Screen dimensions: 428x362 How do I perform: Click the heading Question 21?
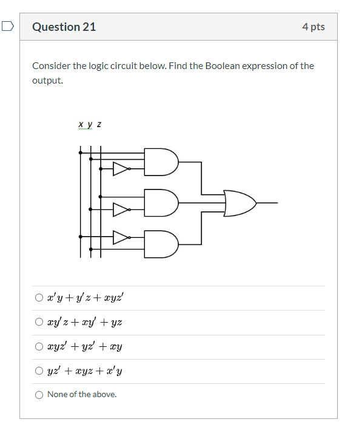(64, 27)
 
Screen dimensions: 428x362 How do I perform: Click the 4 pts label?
(313, 27)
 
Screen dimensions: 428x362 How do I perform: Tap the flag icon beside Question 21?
(7, 26)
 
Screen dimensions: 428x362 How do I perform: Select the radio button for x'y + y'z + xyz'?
(39, 297)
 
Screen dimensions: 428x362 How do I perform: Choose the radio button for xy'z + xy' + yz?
(39, 322)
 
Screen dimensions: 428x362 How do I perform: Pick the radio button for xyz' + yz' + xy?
(39, 347)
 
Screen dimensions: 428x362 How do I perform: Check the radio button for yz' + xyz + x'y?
(39, 370)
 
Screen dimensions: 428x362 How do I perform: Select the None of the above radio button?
(39, 395)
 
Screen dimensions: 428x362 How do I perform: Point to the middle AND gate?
(161, 203)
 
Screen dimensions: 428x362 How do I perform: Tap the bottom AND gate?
(161, 243)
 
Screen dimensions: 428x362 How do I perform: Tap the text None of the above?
(82, 395)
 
